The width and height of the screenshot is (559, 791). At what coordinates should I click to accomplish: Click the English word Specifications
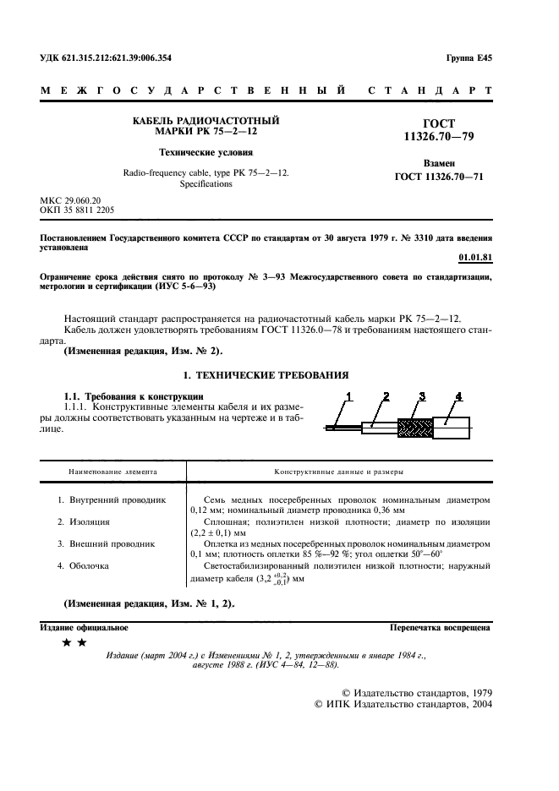(206, 183)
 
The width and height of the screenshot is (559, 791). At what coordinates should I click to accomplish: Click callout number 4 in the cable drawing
(458, 395)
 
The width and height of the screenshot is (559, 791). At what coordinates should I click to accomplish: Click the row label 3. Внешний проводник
(106, 544)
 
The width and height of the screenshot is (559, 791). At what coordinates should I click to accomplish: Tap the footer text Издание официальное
(84, 628)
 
